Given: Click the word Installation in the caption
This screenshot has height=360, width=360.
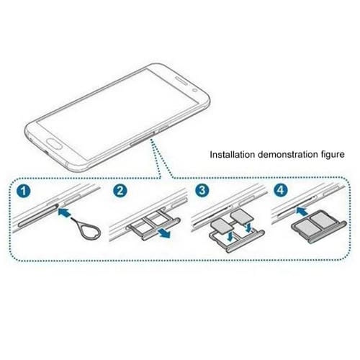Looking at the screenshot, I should [x=232, y=154].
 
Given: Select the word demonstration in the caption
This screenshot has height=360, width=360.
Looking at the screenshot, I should [x=286, y=154].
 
